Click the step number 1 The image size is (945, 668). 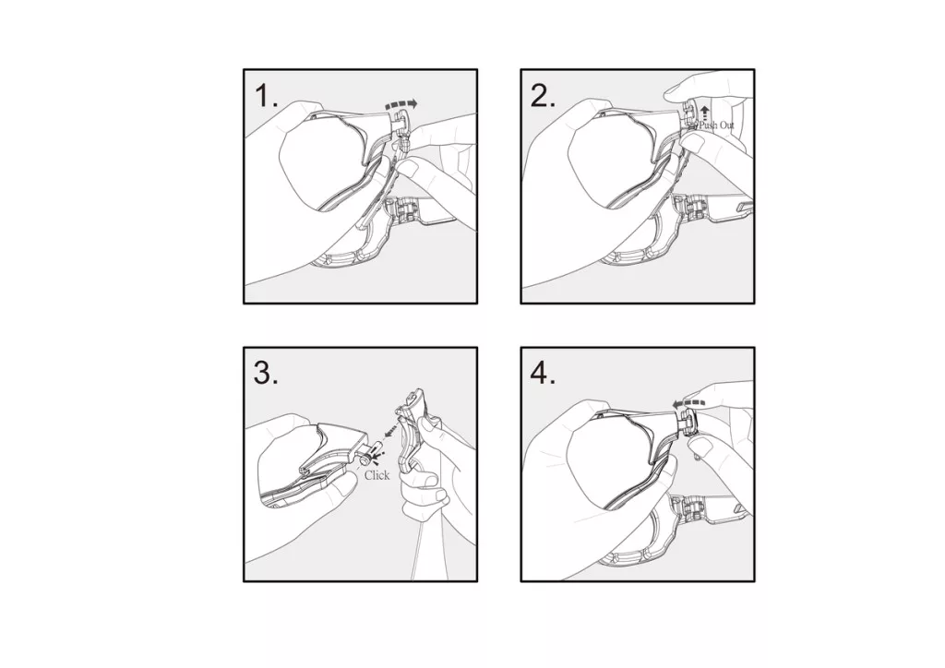pyautogui.click(x=266, y=96)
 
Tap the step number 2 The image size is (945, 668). pyautogui.click(x=543, y=96)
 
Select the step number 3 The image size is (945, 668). pyautogui.click(x=266, y=374)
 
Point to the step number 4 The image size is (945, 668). pyautogui.click(x=543, y=374)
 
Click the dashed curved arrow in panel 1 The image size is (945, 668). pyautogui.click(x=401, y=104)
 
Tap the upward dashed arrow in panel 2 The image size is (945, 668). pyautogui.click(x=704, y=113)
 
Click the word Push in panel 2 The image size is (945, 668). pyautogui.click(x=708, y=125)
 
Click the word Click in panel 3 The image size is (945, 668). pyautogui.click(x=377, y=475)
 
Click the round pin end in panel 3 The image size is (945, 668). pyautogui.click(x=365, y=459)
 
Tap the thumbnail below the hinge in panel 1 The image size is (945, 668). pyautogui.click(x=413, y=167)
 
